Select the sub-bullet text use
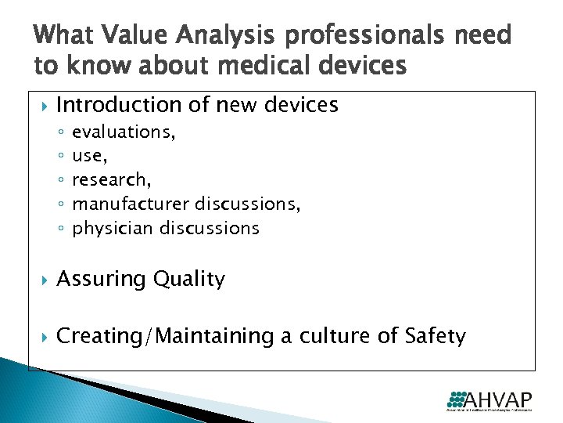click(88, 156)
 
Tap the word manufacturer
click(131, 204)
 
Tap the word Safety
click(435, 337)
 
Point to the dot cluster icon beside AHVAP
click(458, 397)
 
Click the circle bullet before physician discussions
click(61, 230)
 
